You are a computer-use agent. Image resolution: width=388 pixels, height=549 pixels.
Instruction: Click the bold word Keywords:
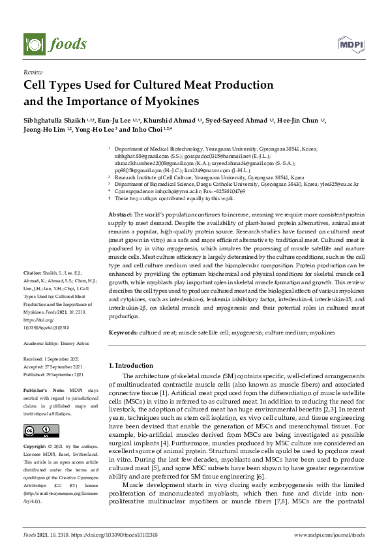coord(123,333)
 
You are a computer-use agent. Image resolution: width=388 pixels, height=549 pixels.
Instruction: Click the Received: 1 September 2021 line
coord(53,359)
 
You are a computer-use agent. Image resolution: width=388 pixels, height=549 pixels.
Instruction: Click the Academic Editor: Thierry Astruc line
coord(57,343)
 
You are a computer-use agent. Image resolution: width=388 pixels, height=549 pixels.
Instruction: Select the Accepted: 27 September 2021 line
coord(54,367)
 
